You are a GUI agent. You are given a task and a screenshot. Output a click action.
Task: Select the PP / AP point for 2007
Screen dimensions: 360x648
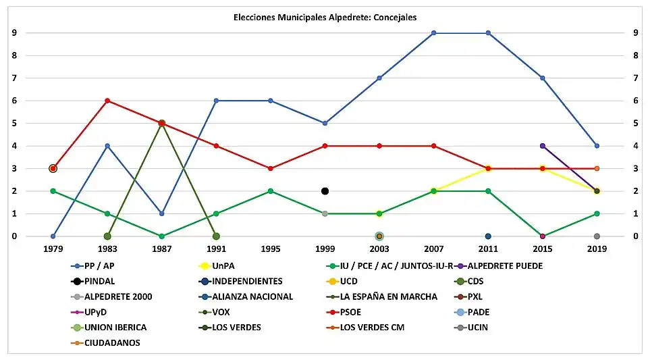click(433, 32)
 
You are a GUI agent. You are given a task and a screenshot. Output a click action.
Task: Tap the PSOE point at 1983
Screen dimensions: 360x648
click(107, 101)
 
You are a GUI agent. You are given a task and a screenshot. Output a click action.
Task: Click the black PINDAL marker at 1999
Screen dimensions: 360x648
click(325, 191)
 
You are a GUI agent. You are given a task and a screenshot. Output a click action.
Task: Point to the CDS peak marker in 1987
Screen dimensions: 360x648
click(161, 124)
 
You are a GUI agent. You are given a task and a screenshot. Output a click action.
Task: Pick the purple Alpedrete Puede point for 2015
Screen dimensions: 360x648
click(542, 146)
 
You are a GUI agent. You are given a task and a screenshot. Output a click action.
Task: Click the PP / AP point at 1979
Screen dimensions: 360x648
click(53, 236)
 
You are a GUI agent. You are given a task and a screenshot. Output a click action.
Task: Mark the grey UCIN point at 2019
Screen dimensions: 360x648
click(597, 236)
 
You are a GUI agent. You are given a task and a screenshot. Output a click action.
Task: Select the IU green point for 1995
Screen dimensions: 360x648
click(270, 191)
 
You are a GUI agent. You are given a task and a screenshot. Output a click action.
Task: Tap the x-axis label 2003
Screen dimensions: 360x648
click(379, 249)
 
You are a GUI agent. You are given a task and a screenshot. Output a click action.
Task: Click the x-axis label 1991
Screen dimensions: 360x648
click(216, 249)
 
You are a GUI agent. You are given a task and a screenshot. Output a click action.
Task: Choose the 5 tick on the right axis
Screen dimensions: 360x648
click(634, 124)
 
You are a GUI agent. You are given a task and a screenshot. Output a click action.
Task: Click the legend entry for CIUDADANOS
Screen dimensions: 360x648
click(108, 342)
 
